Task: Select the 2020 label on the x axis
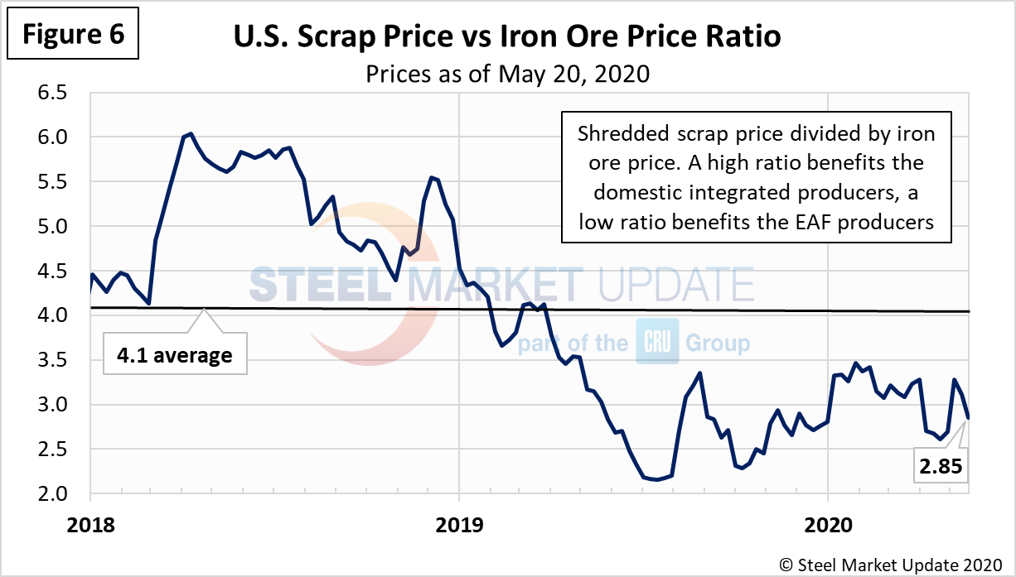pos(828,524)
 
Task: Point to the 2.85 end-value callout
pos(940,466)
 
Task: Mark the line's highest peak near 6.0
pos(191,133)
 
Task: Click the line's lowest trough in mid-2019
pos(656,479)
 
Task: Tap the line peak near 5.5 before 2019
pos(433,177)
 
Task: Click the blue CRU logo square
pos(657,342)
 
